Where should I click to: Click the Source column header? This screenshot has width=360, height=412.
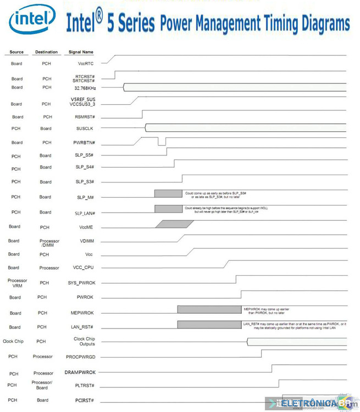pyautogui.click(x=16, y=52)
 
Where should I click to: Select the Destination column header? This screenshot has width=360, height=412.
pyautogui.click(x=46, y=52)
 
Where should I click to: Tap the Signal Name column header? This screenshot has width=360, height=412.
pyautogui.click(x=81, y=52)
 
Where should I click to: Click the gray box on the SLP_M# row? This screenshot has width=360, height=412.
pyautogui.click(x=168, y=193)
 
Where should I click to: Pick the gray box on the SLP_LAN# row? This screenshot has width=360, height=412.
pyautogui.click(x=168, y=209)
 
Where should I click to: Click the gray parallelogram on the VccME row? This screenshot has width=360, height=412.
pyautogui.click(x=175, y=224)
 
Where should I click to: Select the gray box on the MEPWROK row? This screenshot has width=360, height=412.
pyautogui.click(x=209, y=309)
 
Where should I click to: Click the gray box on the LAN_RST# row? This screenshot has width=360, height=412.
pyautogui.click(x=209, y=325)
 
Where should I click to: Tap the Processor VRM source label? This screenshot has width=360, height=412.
pyautogui.click(x=17, y=283)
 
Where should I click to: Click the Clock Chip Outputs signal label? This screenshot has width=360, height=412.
pyautogui.click(x=84, y=341)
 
